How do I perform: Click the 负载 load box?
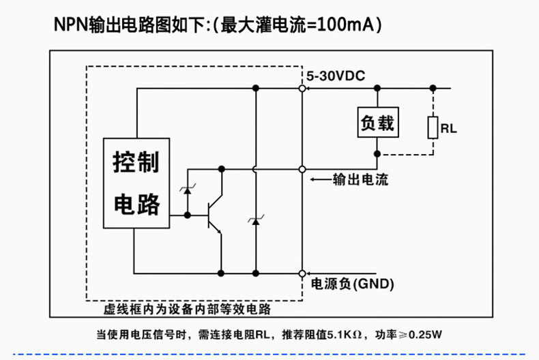[378, 122]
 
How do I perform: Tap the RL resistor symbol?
[433, 127]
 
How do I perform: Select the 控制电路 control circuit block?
[136, 183]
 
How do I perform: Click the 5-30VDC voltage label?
[336, 76]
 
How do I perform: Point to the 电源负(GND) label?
[352, 284]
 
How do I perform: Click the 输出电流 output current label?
[361, 179]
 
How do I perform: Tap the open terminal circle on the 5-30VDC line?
[302, 88]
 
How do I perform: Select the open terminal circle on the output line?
[302, 169]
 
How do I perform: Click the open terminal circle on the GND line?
[302, 273]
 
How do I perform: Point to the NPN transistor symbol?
[214, 215]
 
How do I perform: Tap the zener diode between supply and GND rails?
[255, 221]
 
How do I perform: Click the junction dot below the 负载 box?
[377, 154]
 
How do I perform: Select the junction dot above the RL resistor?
[433, 88]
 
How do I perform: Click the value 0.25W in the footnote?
[425, 335]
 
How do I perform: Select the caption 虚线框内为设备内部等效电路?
[188, 309]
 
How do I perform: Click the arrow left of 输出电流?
[321, 179]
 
